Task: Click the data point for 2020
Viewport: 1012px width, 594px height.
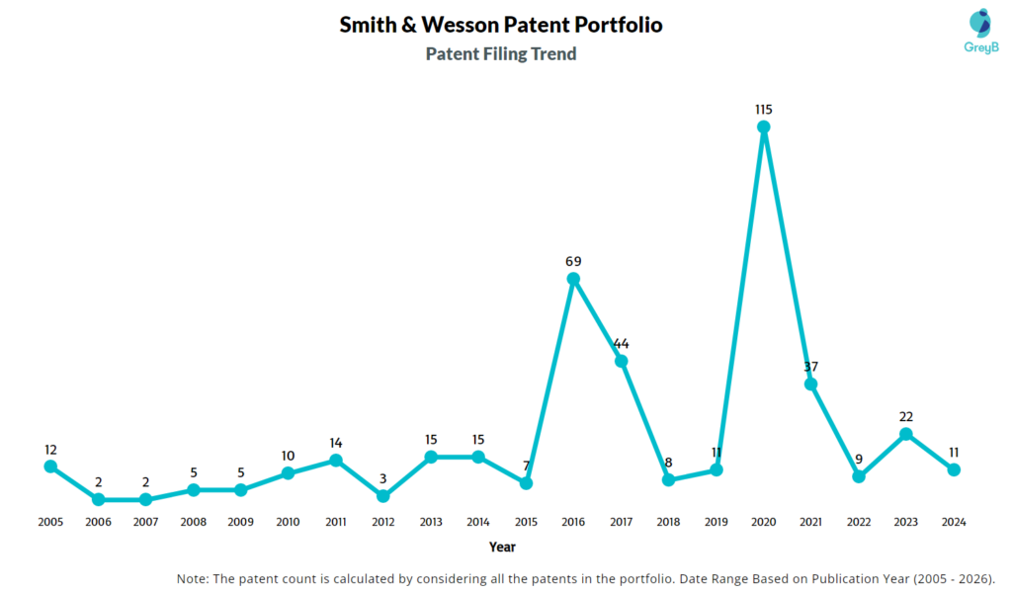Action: click(x=763, y=127)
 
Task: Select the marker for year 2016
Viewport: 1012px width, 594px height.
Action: click(x=573, y=279)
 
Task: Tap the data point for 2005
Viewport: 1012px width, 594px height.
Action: click(x=50, y=467)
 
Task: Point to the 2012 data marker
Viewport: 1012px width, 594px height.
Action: click(x=383, y=496)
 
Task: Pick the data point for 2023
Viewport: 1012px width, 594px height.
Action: click(x=906, y=434)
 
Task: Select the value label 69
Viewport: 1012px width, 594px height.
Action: click(x=573, y=261)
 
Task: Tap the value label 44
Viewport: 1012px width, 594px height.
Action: click(x=621, y=343)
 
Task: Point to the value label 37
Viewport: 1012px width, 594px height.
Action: click(x=810, y=367)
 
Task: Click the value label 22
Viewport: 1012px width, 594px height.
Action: click(x=906, y=416)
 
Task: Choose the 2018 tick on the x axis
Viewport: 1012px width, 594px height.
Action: click(x=668, y=522)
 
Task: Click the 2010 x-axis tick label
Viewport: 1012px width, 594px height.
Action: click(x=289, y=522)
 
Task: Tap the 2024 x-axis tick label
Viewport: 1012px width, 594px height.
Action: click(x=954, y=522)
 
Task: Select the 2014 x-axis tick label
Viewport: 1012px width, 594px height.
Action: click(x=478, y=522)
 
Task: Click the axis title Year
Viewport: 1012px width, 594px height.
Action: click(x=502, y=547)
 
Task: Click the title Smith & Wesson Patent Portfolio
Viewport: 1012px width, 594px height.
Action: click(x=501, y=26)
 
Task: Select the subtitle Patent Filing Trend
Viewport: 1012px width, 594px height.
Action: click(x=501, y=54)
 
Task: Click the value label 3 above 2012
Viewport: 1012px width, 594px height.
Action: click(x=383, y=478)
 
